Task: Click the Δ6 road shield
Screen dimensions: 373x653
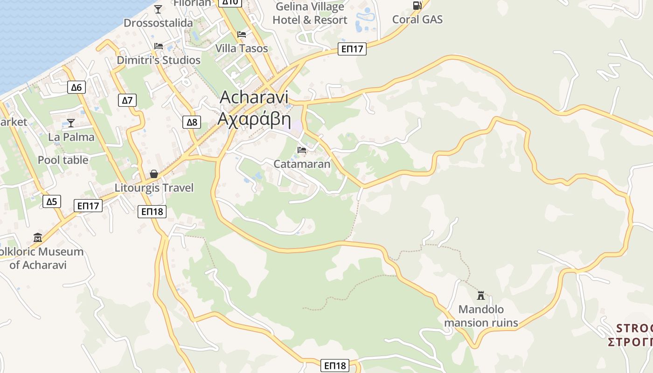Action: coord(76,87)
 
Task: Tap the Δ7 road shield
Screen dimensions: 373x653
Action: coord(127,100)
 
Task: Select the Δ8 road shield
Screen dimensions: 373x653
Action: coord(192,122)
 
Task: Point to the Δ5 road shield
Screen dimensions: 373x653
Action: coord(51,201)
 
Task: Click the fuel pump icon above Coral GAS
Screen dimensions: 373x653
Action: coord(417,5)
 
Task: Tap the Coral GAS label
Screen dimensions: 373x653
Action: coord(417,20)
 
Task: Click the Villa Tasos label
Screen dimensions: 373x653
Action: coord(242,48)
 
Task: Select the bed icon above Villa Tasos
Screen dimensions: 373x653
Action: coord(242,35)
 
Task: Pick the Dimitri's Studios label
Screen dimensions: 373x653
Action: coord(159,60)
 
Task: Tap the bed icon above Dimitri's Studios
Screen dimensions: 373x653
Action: coord(159,46)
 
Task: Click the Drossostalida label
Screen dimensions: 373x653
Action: coord(158,23)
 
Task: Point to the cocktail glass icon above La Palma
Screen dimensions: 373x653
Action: coord(71,123)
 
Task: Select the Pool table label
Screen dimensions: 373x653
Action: coord(63,160)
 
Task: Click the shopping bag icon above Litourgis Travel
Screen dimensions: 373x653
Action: coord(154,174)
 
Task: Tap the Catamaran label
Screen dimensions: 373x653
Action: coord(302,164)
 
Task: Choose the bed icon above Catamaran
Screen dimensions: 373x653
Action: coord(302,150)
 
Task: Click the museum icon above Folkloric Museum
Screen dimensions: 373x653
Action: coord(38,238)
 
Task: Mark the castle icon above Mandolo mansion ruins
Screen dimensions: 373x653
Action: coord(481,295)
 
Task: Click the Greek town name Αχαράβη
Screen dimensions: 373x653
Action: coord(254,120)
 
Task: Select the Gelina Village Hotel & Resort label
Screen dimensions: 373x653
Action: coord(310,14)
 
